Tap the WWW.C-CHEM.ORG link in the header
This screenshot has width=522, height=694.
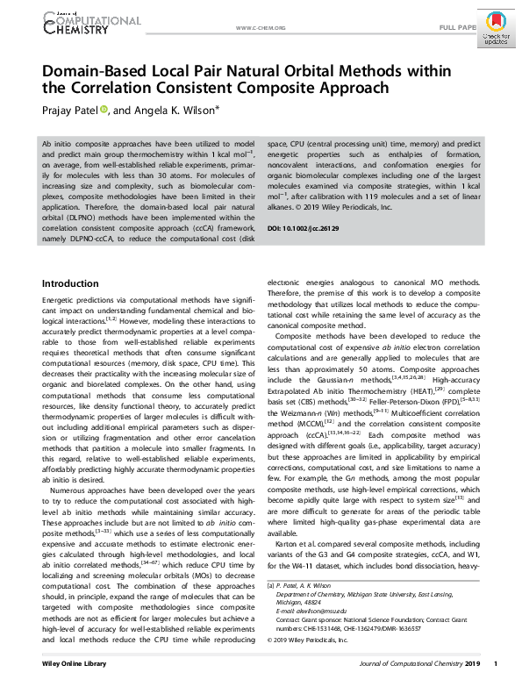[x=261, y=28]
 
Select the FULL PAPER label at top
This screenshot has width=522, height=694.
[x=458, y=28]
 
